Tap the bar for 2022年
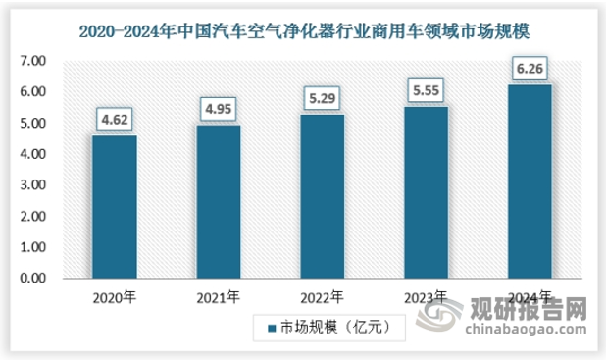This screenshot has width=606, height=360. (x=324, y=196)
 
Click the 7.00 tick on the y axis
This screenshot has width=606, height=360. (x=31, y=61)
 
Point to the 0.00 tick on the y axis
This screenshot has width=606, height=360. (x=31, y=279)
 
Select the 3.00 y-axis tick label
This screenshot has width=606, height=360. (x=31, y=185)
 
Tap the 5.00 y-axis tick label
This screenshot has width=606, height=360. (x=31, y=124)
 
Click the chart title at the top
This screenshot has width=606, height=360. (x=302, y=31)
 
